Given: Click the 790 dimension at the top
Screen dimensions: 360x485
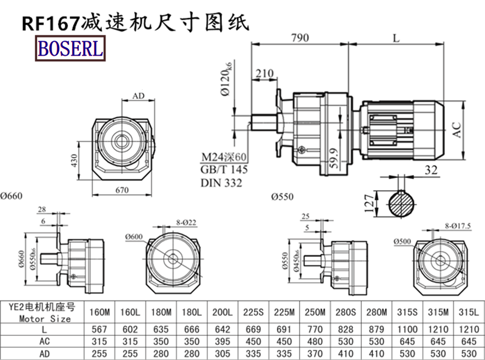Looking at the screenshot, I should click(299, 38).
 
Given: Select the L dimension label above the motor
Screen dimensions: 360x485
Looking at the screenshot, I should click(395, 38).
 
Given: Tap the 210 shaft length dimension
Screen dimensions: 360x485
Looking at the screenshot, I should click(263, 74).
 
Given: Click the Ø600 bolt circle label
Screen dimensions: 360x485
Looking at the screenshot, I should click(134, 236).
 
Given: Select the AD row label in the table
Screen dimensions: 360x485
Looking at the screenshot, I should click(44, 352).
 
